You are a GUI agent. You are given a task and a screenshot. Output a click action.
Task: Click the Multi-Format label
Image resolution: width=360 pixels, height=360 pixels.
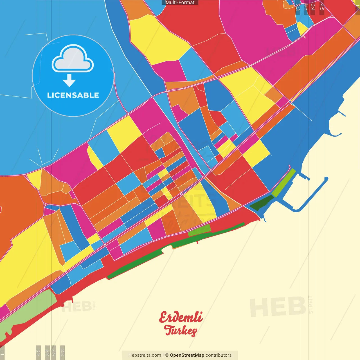pos(180,3)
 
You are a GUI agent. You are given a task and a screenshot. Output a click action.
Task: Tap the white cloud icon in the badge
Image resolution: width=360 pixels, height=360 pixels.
pos(73,58)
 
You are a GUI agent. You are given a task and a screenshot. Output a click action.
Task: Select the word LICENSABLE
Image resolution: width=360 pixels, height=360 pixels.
pos(73,95)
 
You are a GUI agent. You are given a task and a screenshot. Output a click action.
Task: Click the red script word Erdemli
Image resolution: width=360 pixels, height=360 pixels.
pos(181,318)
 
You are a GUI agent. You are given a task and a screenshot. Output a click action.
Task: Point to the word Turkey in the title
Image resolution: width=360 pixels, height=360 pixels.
pos(181,330)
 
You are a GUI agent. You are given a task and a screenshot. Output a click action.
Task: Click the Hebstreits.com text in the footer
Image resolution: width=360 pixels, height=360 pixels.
pos(145,355)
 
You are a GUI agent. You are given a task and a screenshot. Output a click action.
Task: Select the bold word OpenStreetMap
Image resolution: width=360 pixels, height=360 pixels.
pos(187,355)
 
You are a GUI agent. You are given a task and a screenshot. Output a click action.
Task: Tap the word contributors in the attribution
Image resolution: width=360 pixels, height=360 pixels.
pos(219,355)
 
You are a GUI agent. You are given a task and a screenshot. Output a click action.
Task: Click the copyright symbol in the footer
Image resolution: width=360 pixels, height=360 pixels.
pos(167,355)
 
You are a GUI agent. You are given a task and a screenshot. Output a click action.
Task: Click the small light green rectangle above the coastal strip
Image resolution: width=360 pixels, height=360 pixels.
pos(199,230)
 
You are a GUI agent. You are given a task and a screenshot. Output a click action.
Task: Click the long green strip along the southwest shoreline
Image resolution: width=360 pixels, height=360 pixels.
pos(135,264)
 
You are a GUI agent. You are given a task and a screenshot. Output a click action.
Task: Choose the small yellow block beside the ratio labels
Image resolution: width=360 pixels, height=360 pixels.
pos(302,28)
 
